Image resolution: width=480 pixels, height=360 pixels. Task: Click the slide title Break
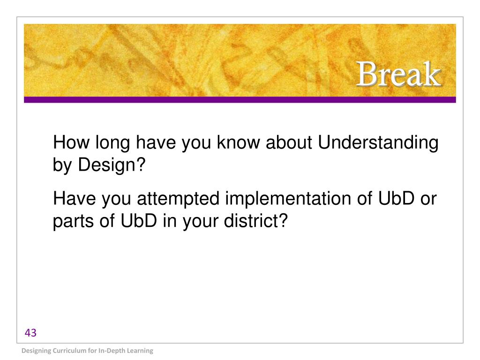click(x=398, y=74)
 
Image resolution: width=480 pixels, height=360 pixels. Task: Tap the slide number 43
click(x=30, y=333)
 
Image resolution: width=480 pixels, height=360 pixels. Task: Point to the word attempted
click(x=178, y=199)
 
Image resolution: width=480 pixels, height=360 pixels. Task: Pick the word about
click(x=289, y=142)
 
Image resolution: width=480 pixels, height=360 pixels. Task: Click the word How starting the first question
click(x=71, y=142)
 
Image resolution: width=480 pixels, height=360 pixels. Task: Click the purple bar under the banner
click(x=240, y=100)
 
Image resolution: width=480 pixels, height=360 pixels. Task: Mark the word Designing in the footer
click(x=36, y=351)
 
